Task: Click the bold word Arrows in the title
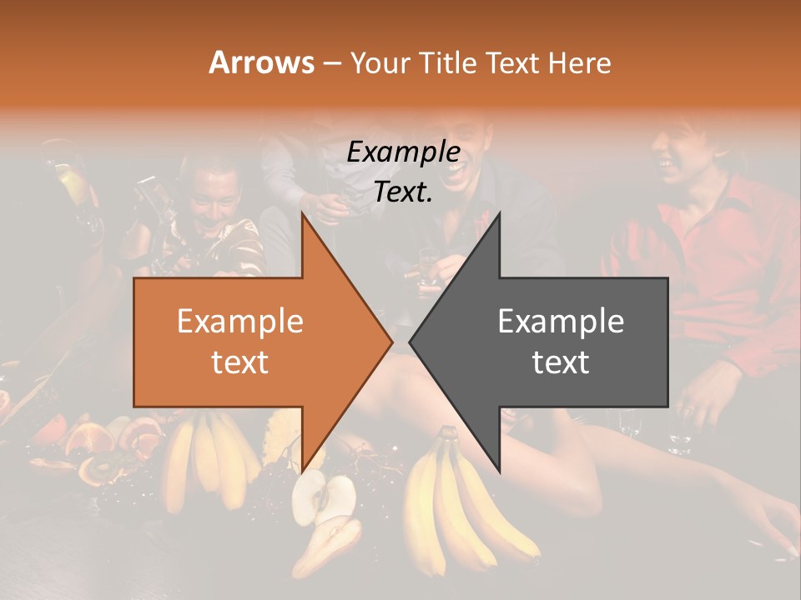pyautogui.click(x=262, y=62)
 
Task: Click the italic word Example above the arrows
pyautogui.click(x=404, y=152)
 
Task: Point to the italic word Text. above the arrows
pyautogui.click(x=404, y=192)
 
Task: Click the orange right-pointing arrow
pyautogui.click(x=250, y=342)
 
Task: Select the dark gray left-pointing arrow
pyautogui.click(x=567, y=342)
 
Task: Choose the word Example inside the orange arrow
pyautogui.click(x=240, y=322)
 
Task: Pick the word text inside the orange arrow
pyautogui.click(x=240, y=362)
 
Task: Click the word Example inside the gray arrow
pyautogui.click(x=561, y=322)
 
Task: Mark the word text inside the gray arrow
pyautogui.click(x=561, y=362)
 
